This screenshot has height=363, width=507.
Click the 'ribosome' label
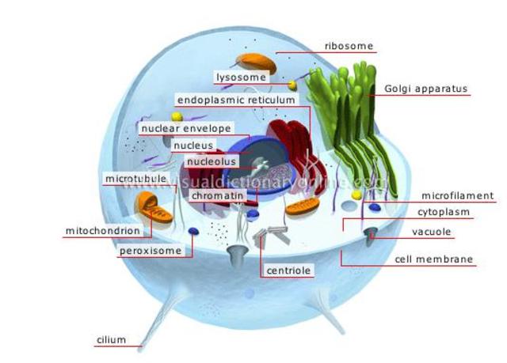coord(349,46)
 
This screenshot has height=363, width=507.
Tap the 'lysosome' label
coord(241,77)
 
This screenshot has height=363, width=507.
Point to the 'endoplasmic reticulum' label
coord(237,100)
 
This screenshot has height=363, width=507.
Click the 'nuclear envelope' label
coord(185,127)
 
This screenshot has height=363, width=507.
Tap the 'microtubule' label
coord(135,179)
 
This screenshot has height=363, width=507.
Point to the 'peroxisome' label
coord(155,251)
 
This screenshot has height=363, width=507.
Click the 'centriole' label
coord(288,270)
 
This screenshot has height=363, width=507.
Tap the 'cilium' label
coord(112,340)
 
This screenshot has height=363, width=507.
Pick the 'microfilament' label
coord(457,196)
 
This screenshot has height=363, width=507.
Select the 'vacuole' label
coord(431,232)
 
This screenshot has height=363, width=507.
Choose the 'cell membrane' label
coord(434,259)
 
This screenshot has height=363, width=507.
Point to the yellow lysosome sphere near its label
coord(292,85)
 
